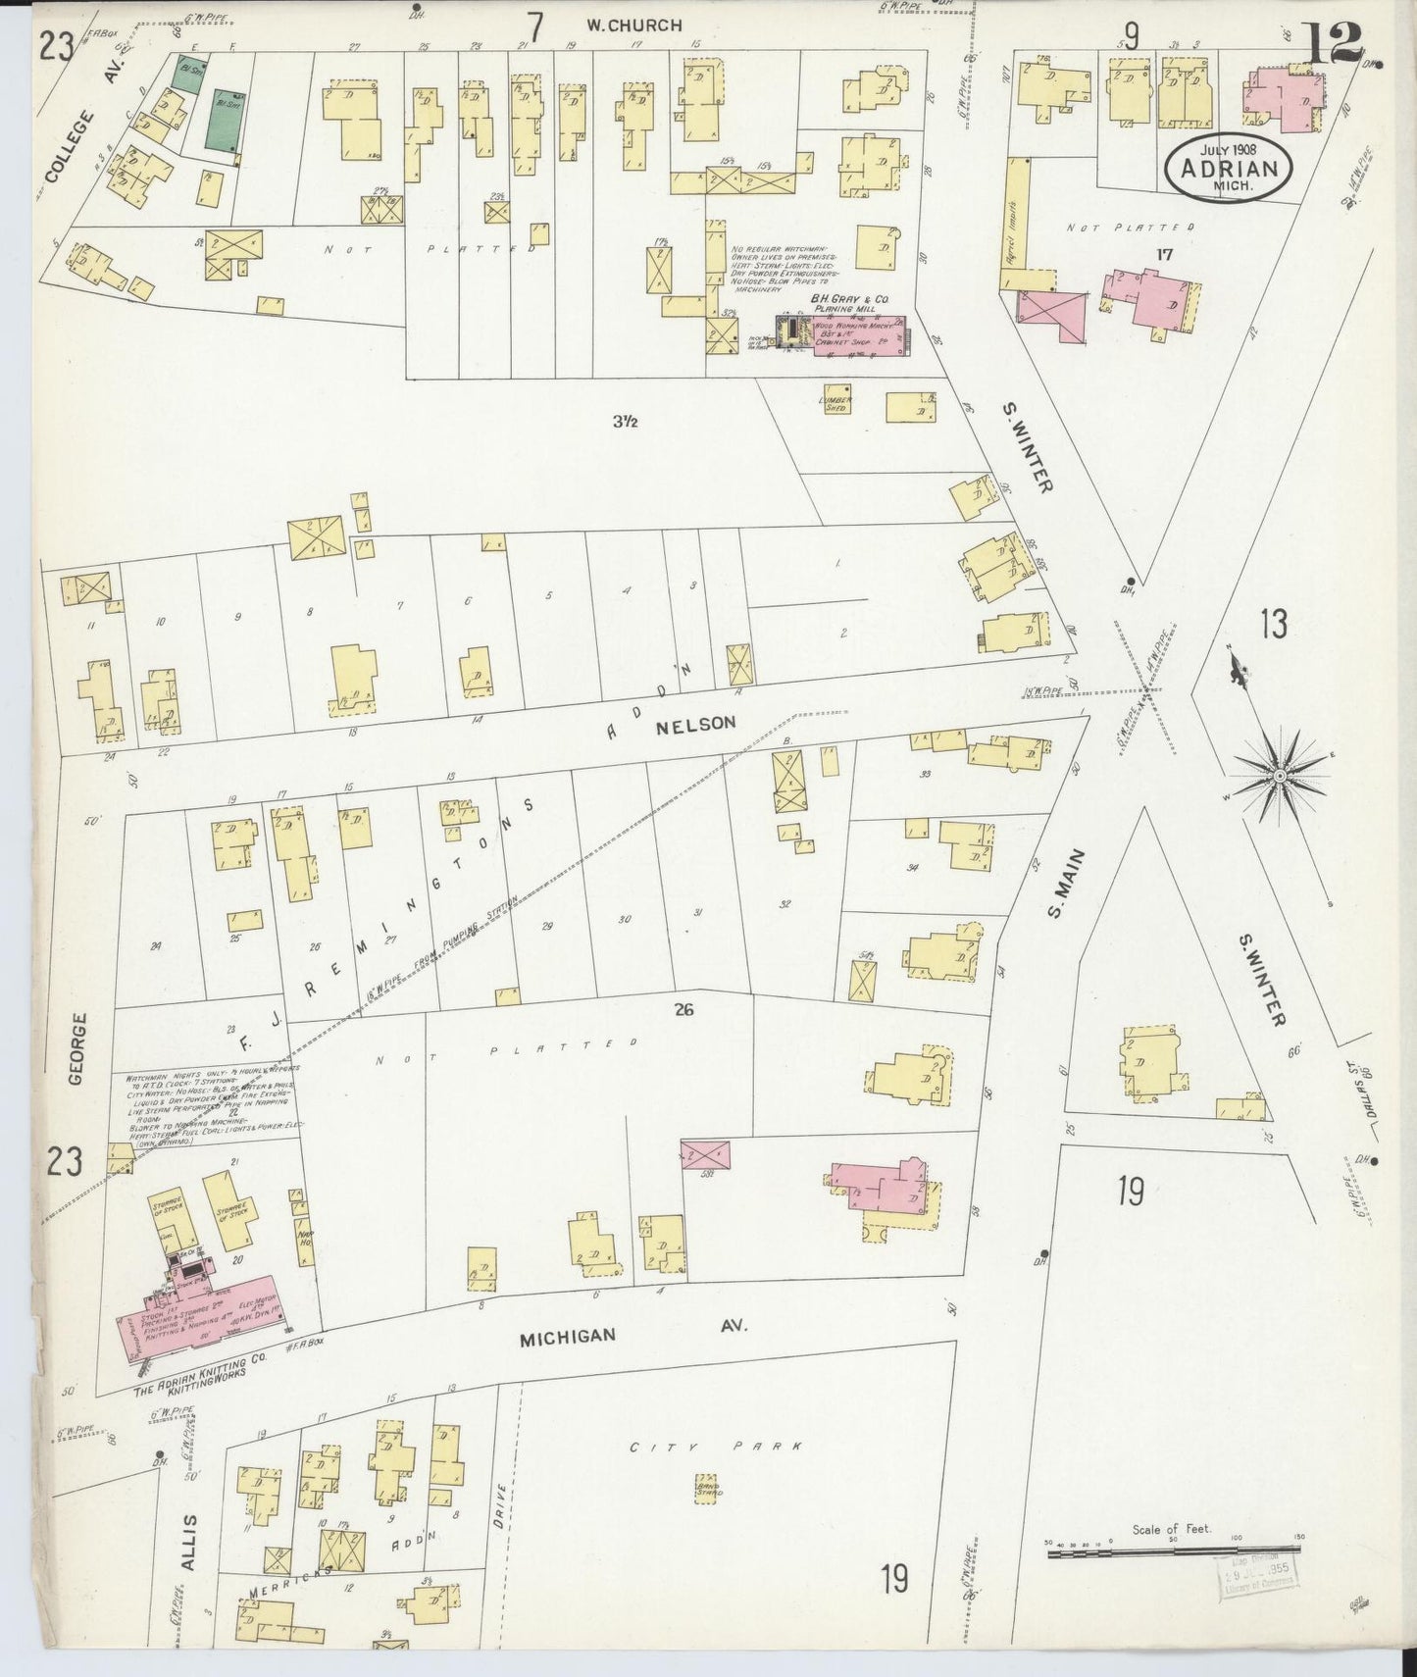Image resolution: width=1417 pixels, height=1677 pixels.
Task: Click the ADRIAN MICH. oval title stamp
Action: pos(1229,168)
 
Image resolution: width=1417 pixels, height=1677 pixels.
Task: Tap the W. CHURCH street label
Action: pos(633,25)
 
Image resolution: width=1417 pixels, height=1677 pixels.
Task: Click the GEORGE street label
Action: pos(78,1049)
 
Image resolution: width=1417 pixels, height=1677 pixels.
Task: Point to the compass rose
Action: pos(1279,776)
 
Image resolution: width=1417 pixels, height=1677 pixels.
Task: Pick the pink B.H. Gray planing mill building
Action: pos(856,334)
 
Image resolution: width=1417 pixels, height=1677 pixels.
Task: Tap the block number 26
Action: pos(683,1009)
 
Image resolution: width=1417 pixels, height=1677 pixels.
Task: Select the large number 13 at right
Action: pos(1274,624)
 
